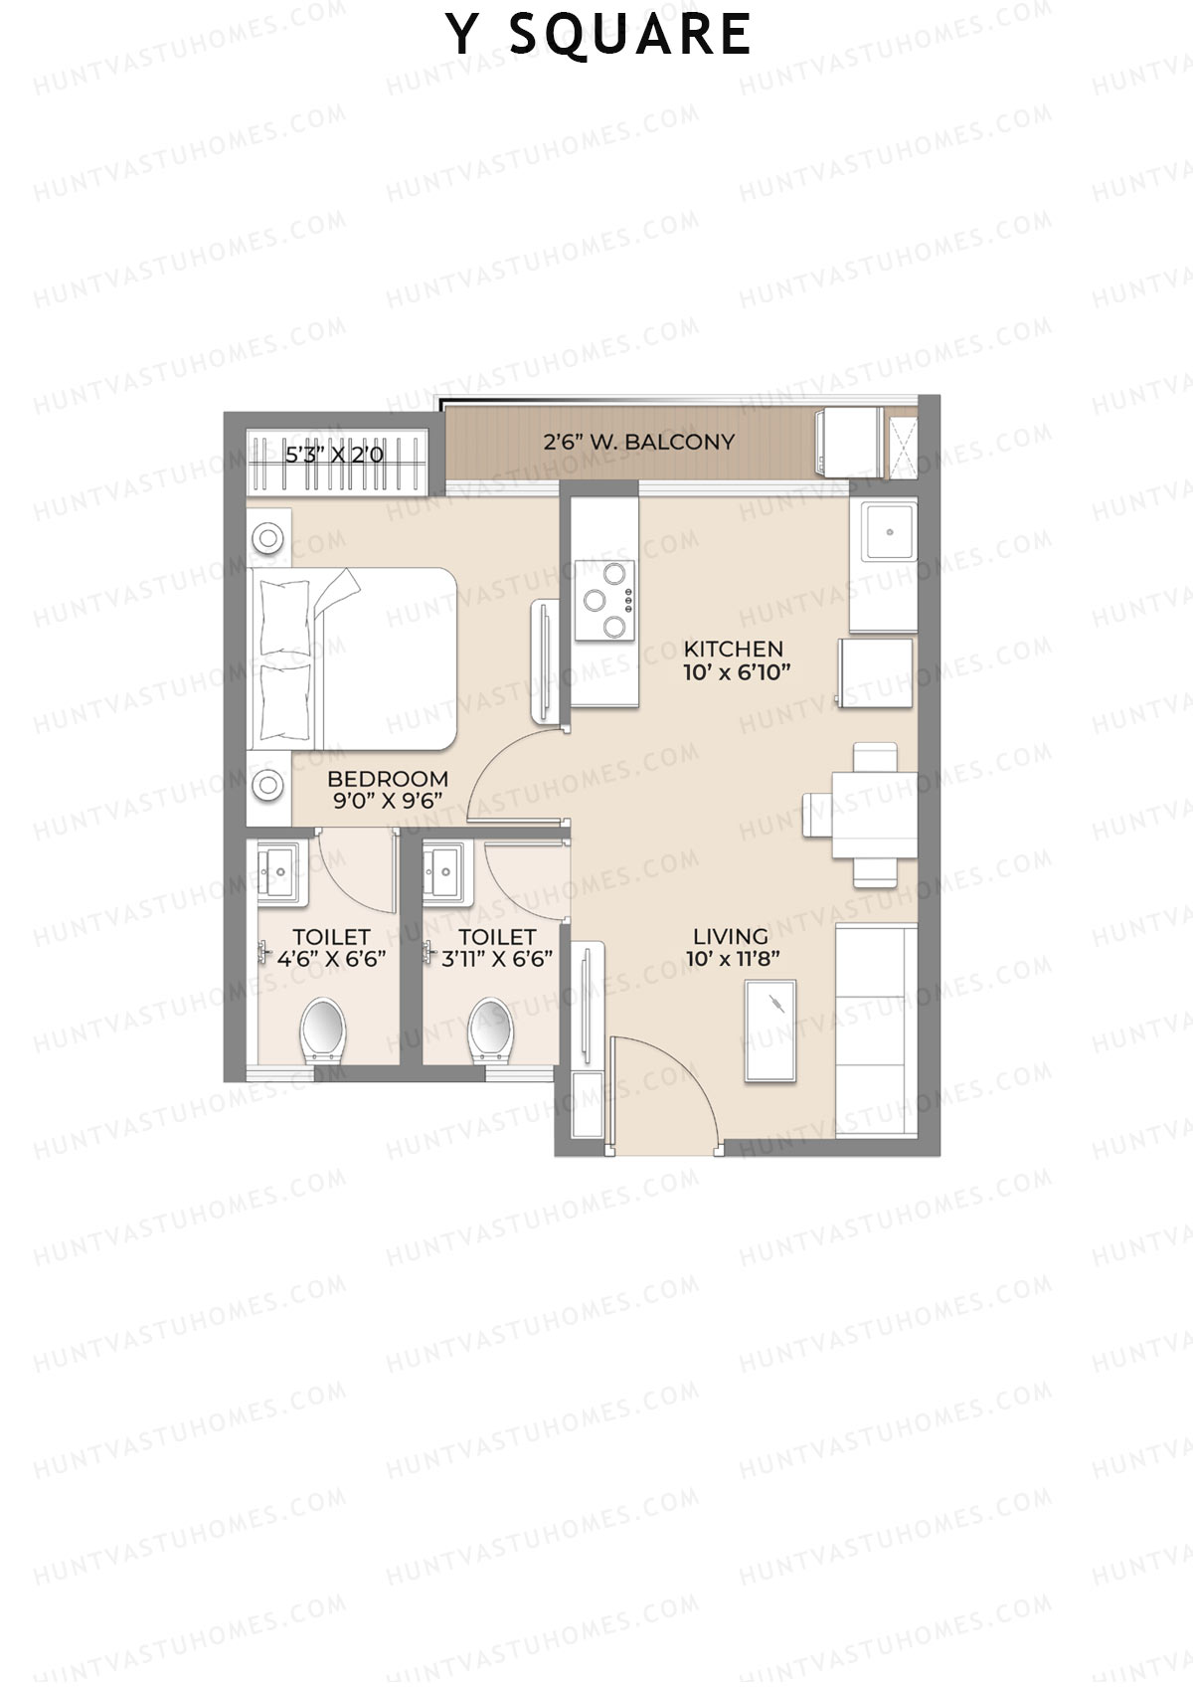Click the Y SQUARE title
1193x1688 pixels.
coord(598,35)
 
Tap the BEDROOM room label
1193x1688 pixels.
coord(388,779)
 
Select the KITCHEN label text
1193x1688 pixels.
coord(734,649)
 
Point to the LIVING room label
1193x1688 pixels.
coord(731,936)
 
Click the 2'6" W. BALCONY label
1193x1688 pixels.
coord(638,442)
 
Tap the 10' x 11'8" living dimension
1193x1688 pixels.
coord(733,960)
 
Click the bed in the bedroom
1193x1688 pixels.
coord(353,658)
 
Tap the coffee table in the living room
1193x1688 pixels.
coord(770,1031)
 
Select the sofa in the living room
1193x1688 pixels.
coord(875,1030)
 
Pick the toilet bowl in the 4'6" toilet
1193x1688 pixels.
coord(322,1029)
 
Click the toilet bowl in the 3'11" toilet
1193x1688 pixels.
coord(491,1029)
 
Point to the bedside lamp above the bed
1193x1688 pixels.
coord(268,538)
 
